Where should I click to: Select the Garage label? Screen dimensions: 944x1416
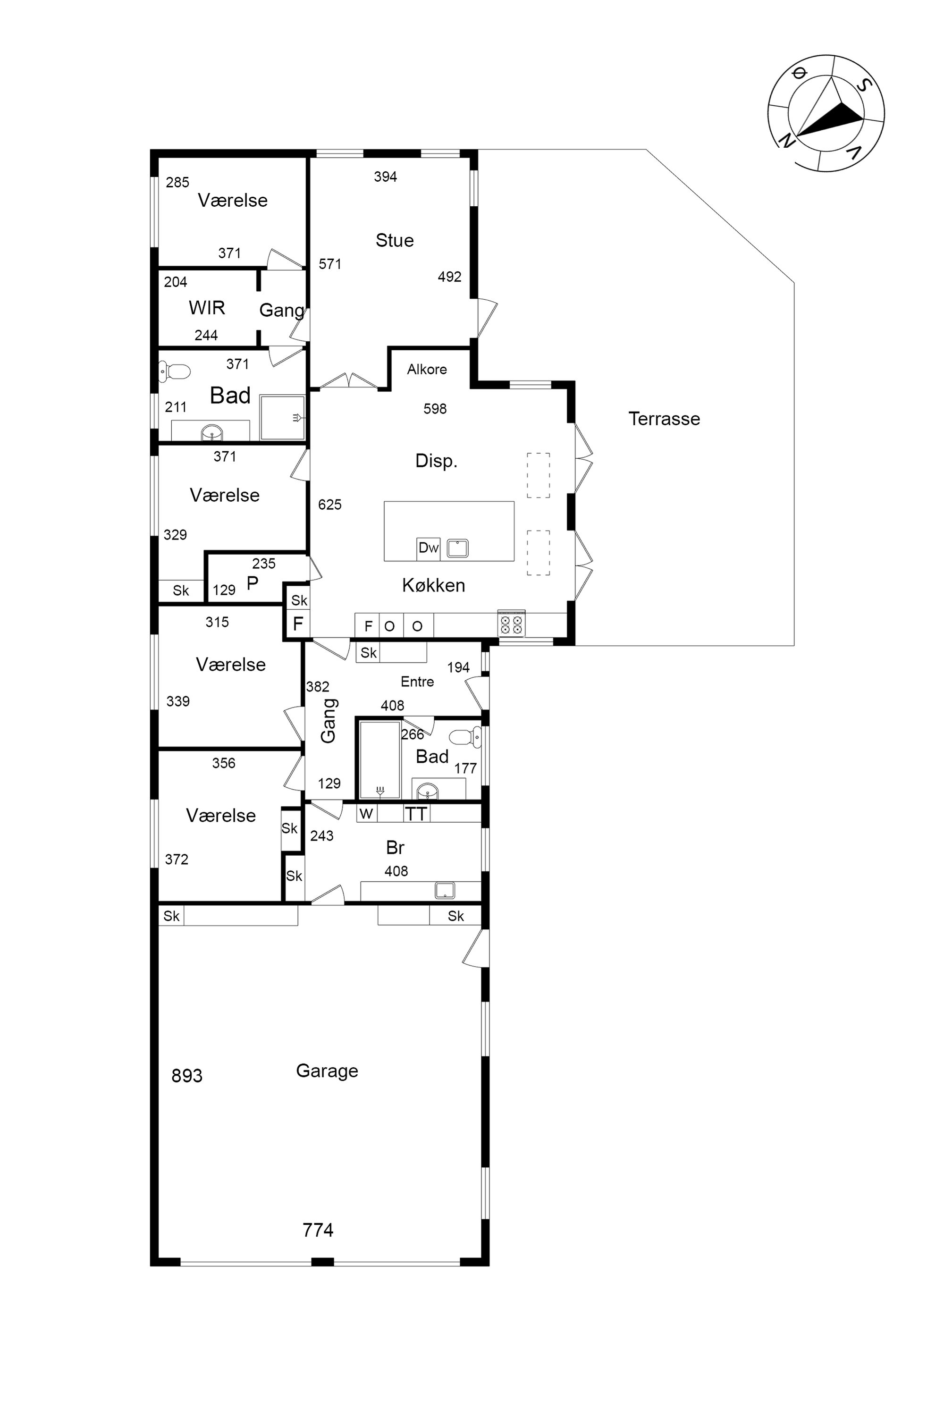[327, 1071]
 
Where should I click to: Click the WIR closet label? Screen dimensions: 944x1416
[207, 308]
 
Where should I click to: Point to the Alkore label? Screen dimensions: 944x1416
[427, 369]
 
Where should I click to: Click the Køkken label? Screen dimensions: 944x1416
[433, 585]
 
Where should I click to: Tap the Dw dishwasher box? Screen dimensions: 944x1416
[429, 548]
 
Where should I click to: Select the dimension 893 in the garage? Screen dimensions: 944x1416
[186, 1076]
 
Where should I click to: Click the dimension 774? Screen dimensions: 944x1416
[318, 1230]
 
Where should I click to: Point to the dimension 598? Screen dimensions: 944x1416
[435, 409]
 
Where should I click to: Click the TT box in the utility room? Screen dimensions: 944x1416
[416, 814]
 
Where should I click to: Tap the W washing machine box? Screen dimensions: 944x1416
[366, 814]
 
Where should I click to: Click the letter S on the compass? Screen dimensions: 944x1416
[863, 85]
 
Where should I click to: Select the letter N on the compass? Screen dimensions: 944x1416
[786, 140]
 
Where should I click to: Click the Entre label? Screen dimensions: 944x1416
[417, 682]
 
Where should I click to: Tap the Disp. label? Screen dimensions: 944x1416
[437, 461]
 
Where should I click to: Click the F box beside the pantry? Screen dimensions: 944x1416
[298, 624]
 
